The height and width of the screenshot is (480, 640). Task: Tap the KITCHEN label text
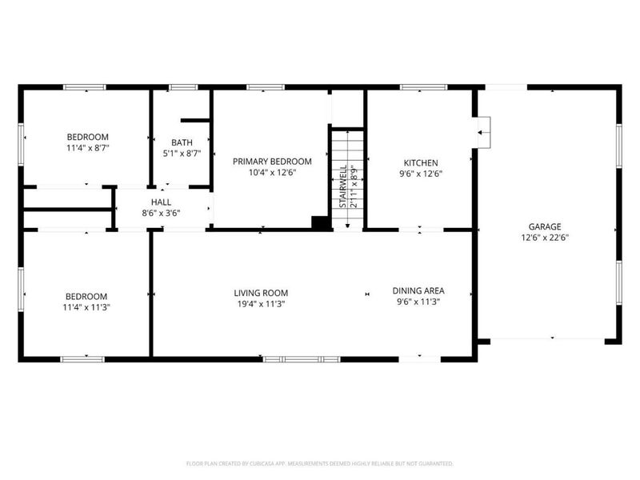coord(420,162)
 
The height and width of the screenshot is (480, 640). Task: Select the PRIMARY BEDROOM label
coord(272,162)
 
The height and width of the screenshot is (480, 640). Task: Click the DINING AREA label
coord(418,290)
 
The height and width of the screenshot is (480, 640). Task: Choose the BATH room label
coord(182,142)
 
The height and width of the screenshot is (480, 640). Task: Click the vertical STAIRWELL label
coord(342,188)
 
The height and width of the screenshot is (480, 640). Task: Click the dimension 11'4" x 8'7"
coord(87,148)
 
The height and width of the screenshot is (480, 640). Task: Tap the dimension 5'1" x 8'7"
coord(182,153)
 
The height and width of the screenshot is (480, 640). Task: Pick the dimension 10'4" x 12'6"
coord(272,172)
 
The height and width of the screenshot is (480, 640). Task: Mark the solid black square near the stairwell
coord(322,223)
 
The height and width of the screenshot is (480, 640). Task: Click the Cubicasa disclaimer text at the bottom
coord(319,463)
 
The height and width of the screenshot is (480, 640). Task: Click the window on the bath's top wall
coord(182,86)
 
